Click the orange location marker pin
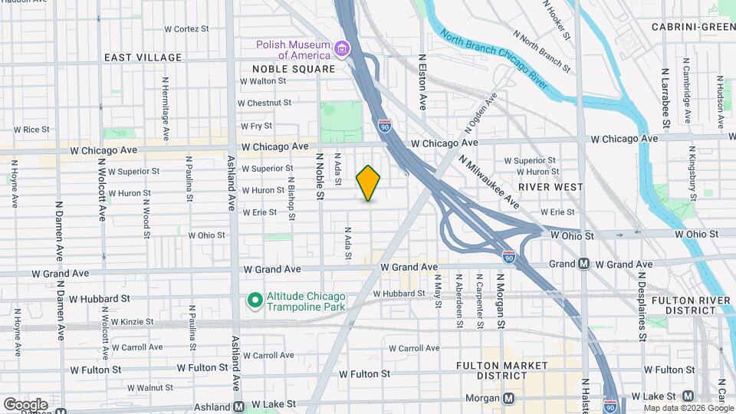pyautogui.click(x=369, y=183)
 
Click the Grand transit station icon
pyautogui.click(x=583, y=264)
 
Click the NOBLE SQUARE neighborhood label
pyautogui.click(x=294, y=69)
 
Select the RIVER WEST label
pyautogui.click(x=550, y=186)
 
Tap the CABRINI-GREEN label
pyautogui.click(x=693, y=27)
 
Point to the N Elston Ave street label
pyautogui.click(x=422, y=80)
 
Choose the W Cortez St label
pyautogui.click(x=186, y=29)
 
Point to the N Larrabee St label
pyautogui.click(x=666, y=100)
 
